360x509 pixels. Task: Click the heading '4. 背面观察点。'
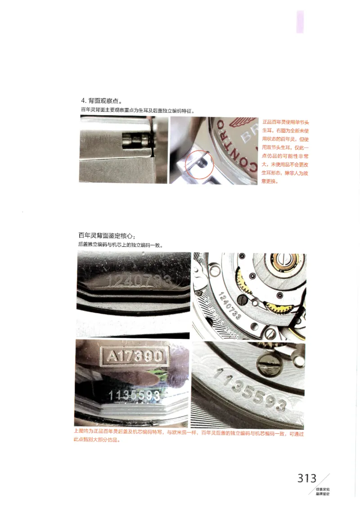point(101,101)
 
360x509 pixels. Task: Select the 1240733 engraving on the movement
point(229,306)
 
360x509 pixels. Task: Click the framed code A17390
point(135,356)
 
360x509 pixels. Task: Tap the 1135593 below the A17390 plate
point(135,395)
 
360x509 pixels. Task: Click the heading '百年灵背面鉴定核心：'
point(107,235)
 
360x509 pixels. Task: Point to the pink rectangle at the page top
point(300,22)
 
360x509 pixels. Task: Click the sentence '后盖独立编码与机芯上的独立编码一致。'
point(120,245)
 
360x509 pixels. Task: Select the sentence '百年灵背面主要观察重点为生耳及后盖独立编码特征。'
point(137,110)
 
